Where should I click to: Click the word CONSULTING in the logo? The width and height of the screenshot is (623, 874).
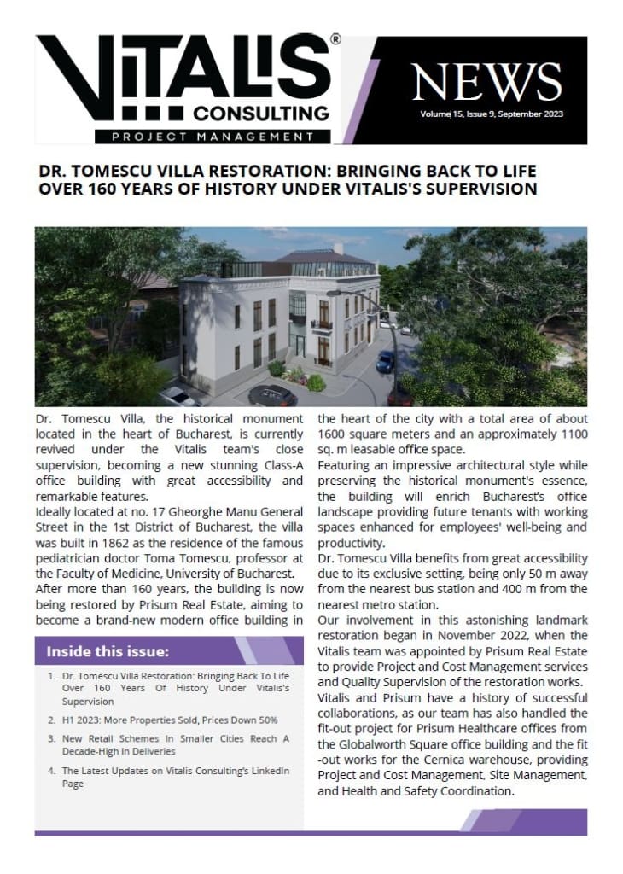click(260, 114)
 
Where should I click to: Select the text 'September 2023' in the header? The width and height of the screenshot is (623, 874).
click(533, 114)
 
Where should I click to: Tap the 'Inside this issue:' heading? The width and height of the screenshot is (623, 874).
click(108, 652)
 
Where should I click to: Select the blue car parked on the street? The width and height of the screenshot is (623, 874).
click(386, 360)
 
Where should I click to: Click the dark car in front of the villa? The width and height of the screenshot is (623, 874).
click(275, 395)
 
